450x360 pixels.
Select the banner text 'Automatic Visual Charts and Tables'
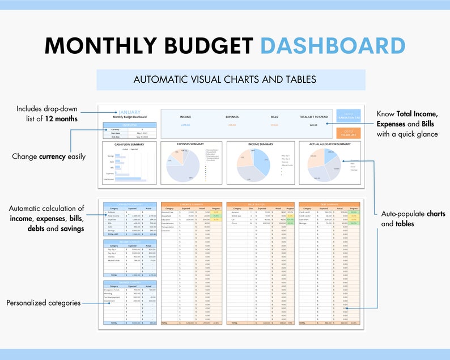click(x=224, y=79)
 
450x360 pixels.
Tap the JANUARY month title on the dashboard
click(x=130, y=112)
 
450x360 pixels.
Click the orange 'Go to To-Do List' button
click(x=348, y=133)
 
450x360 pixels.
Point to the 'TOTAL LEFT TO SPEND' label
click(x=313, y=117)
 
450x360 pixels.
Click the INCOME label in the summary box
click(x=185, y=117)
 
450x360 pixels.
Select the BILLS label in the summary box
click(x=274, y=117)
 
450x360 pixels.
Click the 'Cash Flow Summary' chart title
click(x=129, y=144)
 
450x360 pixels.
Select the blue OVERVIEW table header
click(x=130, y=125)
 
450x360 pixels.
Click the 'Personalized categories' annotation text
click(x=44, y=303)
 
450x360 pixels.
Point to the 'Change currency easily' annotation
click(x=49, y=156)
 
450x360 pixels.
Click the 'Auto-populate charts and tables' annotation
click(x=413, y=219)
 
